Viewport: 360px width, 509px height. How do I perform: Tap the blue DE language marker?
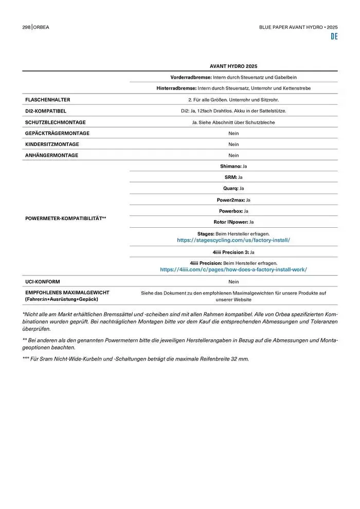(x=334, y=37)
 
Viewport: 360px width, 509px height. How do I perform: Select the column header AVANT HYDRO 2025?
(x=233, y=66)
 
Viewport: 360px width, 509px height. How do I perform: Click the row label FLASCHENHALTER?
(x=48, y=100)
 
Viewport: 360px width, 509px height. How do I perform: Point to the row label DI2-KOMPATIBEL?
(x=46, y=111)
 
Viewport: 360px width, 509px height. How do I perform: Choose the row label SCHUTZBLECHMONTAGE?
(x=56, y=122)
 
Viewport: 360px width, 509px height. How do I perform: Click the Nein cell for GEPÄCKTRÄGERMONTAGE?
(x=233, y=133)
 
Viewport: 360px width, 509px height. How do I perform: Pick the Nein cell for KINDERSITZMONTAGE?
(x=233, y=144)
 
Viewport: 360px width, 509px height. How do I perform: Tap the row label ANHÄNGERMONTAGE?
(x=52, y=155)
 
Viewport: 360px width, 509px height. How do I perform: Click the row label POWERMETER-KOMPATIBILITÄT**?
(x=66, y=219)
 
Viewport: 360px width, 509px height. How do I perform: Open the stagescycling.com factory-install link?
(x=233, y=240)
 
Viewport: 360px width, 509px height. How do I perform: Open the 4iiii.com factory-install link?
(x=233, y=269)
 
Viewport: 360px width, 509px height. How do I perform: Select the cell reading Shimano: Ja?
(x=233, y=167)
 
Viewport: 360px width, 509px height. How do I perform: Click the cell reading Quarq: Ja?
(x=233, y=188)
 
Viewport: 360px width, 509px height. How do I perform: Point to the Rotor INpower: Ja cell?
(x=233, y=222)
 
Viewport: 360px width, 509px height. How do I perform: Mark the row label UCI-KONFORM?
(x=43, y=282)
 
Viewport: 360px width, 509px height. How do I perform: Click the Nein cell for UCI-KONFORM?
(x=233, y=282)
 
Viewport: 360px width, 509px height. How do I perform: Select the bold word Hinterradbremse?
(x=176, y=88)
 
